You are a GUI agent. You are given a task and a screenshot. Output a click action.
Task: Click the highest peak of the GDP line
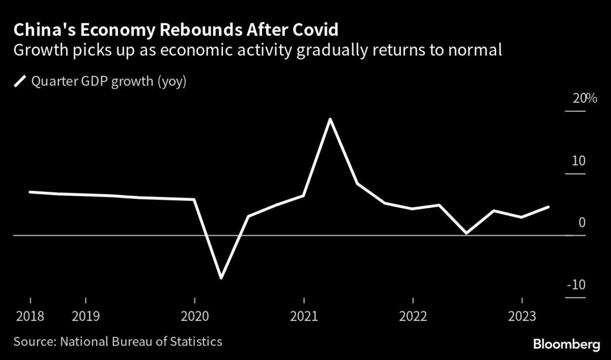tap(330, 120)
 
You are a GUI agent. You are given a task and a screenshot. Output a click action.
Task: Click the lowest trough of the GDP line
tap(221, 278)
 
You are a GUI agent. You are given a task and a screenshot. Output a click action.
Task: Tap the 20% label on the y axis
tap(585, 98)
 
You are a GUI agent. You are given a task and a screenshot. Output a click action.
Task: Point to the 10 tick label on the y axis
tap(578, 161)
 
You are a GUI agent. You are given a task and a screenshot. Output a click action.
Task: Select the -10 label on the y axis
tap(576, 285)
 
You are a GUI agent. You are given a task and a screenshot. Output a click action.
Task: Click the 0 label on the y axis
tap(582, 223)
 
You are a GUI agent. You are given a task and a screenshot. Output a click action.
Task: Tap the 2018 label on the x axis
tap(30, 317)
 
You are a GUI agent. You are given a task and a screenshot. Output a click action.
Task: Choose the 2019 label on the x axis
tap(86, 317)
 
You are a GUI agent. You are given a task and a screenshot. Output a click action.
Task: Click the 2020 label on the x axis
tap(195, 317)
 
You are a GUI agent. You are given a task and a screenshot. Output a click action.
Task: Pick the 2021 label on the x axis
tap(304, 317)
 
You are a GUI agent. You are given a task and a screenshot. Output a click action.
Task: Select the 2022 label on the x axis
tap(413, 317)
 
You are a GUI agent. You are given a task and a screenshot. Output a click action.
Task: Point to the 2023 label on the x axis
tap(522, 317)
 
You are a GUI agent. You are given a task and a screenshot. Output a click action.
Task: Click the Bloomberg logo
tap(567, 345)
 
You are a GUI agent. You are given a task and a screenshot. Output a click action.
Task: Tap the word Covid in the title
tap(315, 30)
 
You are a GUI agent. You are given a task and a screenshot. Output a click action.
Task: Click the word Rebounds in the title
tap(201, 30)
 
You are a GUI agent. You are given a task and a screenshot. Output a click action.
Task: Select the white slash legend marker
tap(20, 81)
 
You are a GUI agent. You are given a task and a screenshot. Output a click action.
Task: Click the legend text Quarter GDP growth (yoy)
tap(109, 81)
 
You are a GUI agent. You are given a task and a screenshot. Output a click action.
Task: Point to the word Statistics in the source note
tap(196, 342)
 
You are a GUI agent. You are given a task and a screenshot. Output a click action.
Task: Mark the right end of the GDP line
tap(548, 207)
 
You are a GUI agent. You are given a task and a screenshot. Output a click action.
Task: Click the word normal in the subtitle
tap(475, 50)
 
